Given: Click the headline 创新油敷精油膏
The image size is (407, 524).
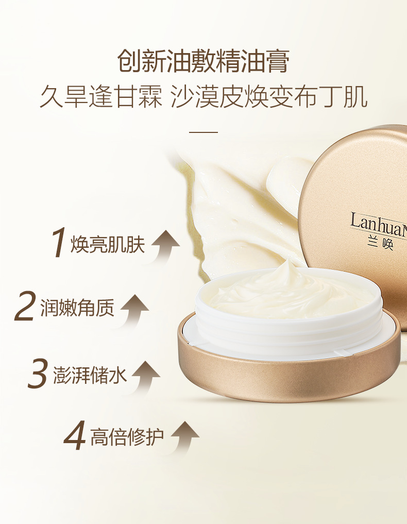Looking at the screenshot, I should pyautogui.click(x=203, y=61).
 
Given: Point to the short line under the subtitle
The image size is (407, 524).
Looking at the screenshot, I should pyautogui.click(x=203, y=132).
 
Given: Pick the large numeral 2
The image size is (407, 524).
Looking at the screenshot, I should pyautogui.click(x=25, y=306).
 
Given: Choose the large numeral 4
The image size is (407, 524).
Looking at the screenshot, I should pyautogui.click(x=75, y=437).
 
